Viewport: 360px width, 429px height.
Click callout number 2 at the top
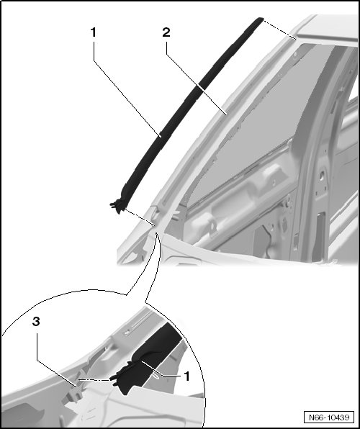166,32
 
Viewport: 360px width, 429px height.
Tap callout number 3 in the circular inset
36,322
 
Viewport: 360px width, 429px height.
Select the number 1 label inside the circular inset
186,376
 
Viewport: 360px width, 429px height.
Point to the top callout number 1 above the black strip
94,32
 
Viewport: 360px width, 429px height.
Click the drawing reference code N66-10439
329,417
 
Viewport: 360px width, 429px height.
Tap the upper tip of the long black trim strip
260,19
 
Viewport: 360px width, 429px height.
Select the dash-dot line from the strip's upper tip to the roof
279,29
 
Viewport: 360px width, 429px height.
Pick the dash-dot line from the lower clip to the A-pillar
140,218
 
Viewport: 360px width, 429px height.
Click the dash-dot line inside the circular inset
94,380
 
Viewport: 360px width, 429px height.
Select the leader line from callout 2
196,78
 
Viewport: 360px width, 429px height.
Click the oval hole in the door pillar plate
323,175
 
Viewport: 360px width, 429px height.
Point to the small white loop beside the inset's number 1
156,378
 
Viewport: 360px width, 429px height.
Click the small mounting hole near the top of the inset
126,333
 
